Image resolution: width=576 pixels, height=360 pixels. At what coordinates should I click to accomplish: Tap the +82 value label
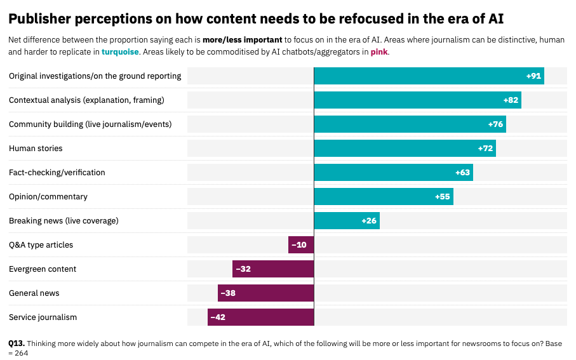(511, 100)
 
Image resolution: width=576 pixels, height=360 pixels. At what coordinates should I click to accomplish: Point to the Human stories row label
(36, 149)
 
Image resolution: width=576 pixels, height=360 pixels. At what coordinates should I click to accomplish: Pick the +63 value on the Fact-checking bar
(462, 173)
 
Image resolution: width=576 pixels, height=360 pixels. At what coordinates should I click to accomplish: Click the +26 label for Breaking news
(369, 221)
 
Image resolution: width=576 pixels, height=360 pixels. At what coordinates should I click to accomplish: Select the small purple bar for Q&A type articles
(301, 245)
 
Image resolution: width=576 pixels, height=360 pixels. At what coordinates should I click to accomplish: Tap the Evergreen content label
(43, 269)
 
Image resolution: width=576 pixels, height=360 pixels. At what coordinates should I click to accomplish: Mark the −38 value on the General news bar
(227, 293)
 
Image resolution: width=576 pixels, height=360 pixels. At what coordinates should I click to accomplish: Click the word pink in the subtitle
(378, 52)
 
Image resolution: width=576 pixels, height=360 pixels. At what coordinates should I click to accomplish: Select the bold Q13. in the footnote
(17, 343)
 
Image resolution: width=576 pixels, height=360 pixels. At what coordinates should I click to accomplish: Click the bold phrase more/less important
(242, 40)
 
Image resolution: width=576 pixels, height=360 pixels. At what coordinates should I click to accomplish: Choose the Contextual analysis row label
(86, 100)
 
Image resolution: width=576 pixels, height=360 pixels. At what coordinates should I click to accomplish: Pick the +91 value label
(533, 76)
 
